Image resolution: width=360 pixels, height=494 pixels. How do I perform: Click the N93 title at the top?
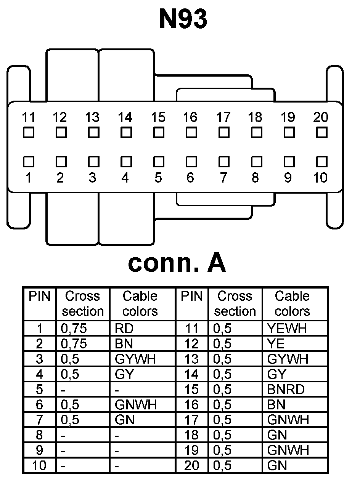(x=183, y=19)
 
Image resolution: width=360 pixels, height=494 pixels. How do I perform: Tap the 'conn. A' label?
(x=177, y=263)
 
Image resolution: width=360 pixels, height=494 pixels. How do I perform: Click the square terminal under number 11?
(x=28, y=133)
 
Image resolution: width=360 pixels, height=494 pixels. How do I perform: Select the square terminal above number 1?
(x=28, y=162)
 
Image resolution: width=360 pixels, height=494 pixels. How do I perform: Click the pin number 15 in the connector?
(x=158, y=117)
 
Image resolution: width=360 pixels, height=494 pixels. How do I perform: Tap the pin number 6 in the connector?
(x=190, y=178)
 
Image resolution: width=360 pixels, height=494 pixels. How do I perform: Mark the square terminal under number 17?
(x=224, y=133)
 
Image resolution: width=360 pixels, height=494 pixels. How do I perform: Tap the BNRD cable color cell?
(x=286, y=390)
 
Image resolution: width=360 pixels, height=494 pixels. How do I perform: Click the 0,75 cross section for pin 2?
(x=74, y=344)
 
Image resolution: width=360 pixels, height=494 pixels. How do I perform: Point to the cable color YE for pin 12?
(x=276, y=344)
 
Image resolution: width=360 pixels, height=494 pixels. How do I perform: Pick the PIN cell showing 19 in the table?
(x=191, y=451)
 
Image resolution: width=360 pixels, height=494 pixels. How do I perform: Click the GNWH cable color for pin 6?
(x=135, y=405)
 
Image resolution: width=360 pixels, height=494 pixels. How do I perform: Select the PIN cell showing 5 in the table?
(x=39, y=390)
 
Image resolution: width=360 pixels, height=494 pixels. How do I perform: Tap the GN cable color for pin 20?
(x=277, y=466)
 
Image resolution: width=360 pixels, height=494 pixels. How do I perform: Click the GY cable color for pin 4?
(x=124, y=374)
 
